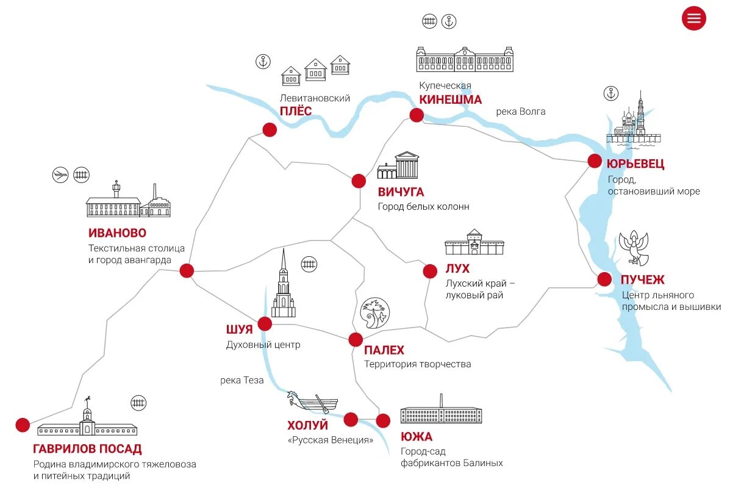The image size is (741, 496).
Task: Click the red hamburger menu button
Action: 693,18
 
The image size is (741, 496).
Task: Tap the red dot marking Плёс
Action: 269,129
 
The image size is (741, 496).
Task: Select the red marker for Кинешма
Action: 417,115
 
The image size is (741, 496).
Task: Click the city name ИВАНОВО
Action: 117,233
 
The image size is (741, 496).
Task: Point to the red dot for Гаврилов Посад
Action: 23,425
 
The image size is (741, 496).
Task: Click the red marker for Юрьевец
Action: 595,161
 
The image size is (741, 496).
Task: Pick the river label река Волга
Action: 520,112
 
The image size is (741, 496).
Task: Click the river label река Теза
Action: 242,380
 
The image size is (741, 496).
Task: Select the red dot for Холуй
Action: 351,419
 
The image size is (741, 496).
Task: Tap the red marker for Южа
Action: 383,420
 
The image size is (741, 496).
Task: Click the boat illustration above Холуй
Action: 312,402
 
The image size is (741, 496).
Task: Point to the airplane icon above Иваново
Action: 60,175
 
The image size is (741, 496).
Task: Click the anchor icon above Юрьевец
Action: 610,93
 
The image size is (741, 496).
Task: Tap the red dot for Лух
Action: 430,271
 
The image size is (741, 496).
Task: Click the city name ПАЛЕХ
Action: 384,350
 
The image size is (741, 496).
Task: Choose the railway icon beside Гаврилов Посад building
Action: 139,403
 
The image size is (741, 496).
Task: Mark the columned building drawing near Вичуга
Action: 398,165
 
